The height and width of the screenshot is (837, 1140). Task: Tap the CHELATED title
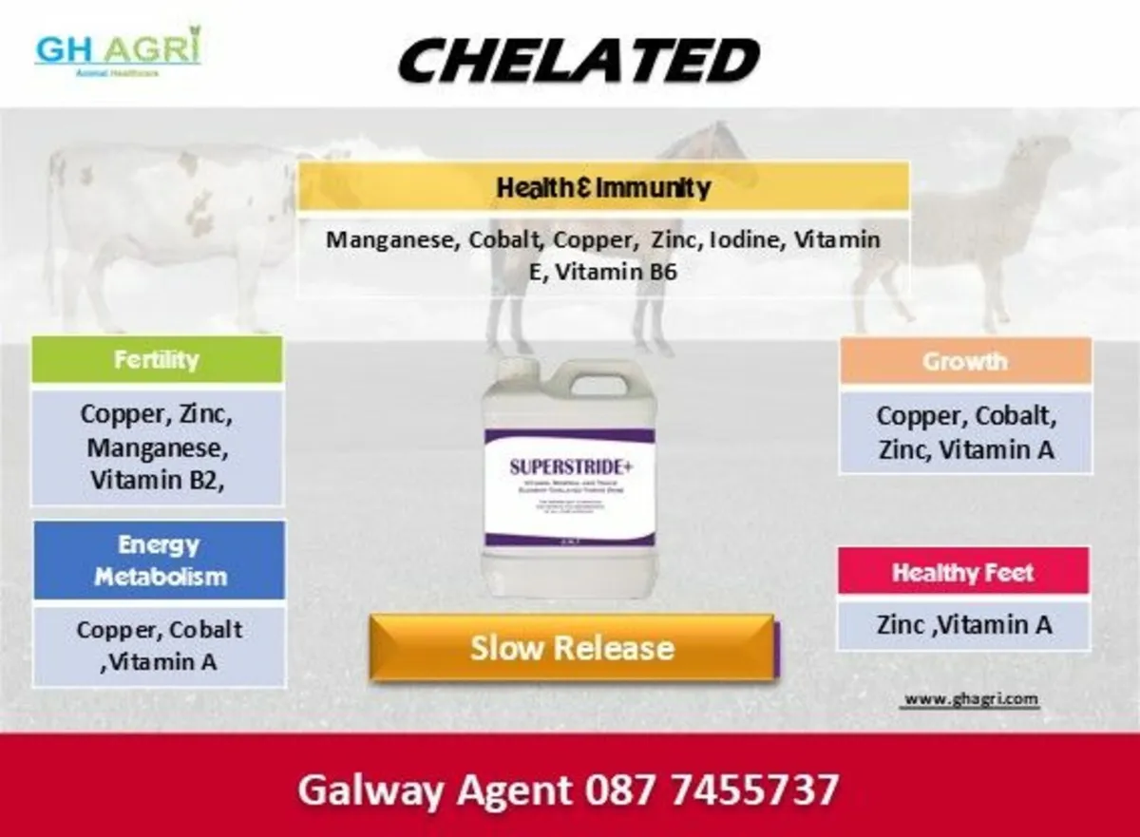pos(579,60)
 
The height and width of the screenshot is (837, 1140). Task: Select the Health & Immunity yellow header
pos(603,187)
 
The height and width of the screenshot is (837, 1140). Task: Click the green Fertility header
pos(157,360)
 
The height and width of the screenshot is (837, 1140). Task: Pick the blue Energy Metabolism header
pos(159,561)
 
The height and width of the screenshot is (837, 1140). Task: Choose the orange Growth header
pos(964,361)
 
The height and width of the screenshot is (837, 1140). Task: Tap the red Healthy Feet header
pos(962,573)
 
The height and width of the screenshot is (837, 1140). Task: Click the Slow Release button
pos(572,648)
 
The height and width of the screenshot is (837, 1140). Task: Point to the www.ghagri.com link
pos(970,698)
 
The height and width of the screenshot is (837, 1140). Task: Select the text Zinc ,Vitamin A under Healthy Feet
pos(963,624)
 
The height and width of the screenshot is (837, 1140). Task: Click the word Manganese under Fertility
pos(157,447)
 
